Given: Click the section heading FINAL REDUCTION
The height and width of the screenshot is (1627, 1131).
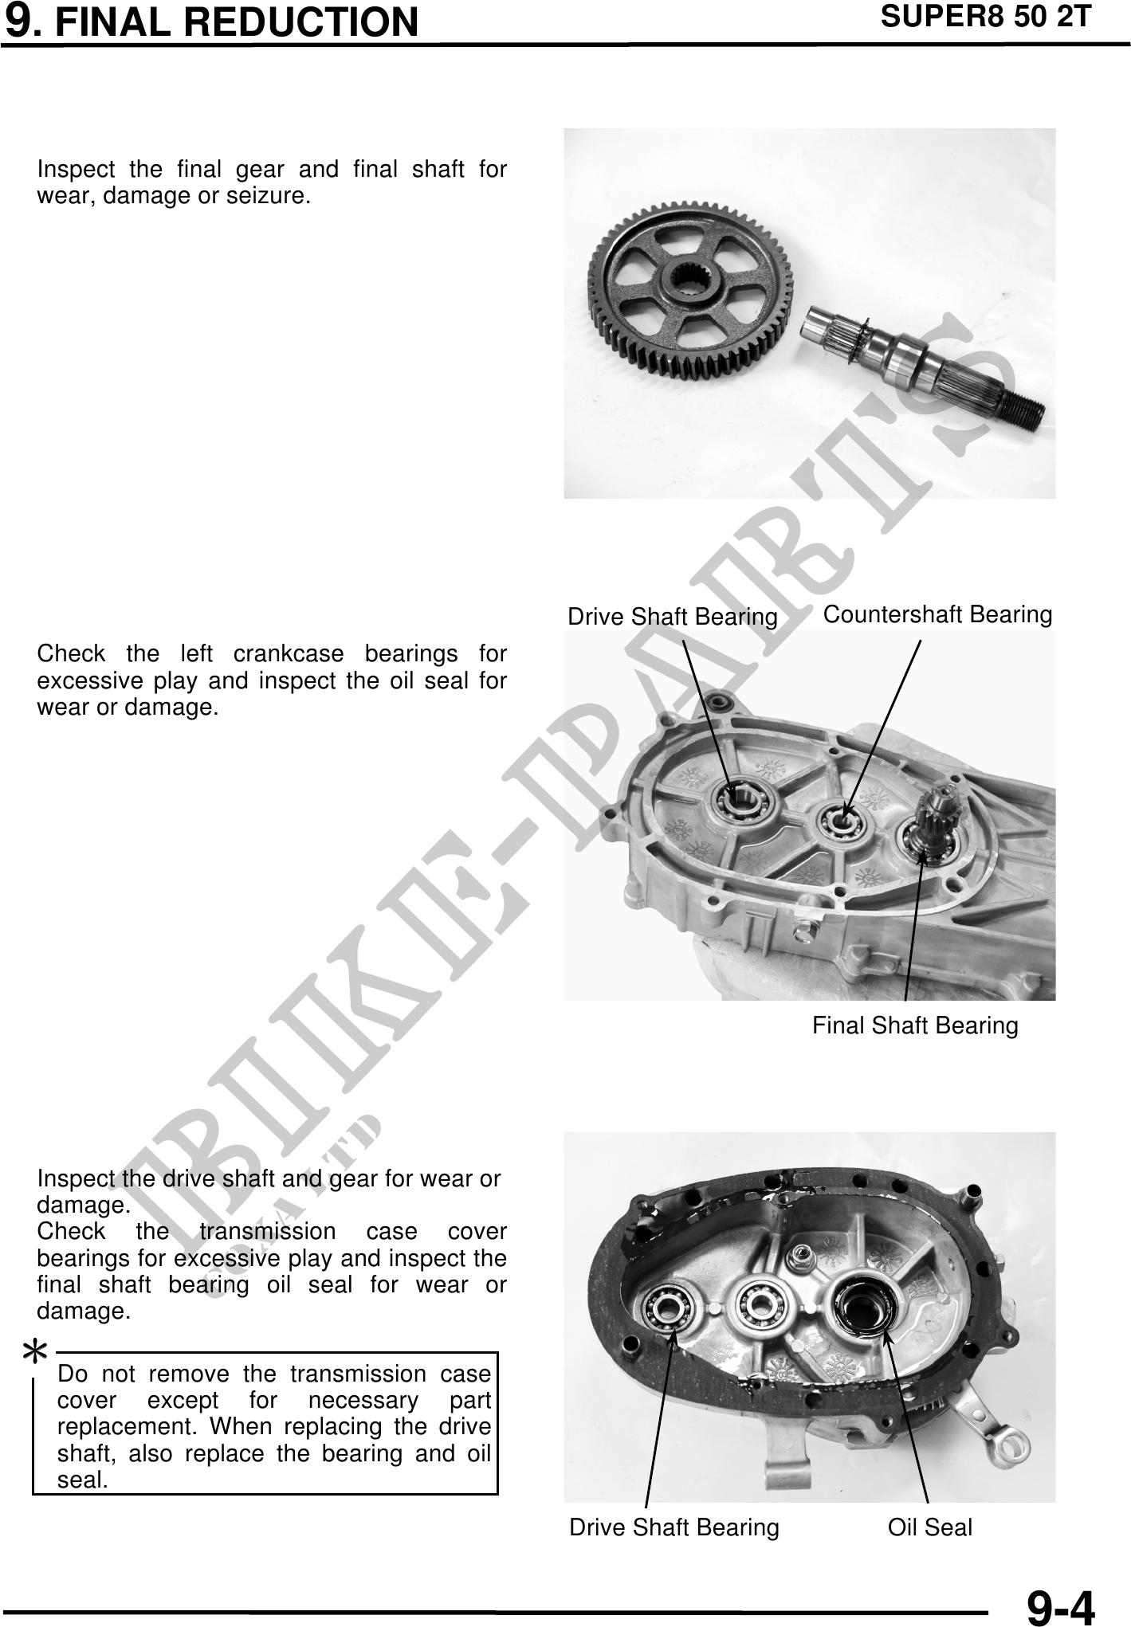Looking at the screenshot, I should tap(237, 22).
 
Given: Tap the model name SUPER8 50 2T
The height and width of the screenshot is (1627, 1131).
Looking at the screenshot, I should tap(984, 17).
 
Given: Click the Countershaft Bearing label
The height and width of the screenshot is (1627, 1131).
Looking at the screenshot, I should tap(937, 614).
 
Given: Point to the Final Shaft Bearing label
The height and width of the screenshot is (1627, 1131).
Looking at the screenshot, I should tap(915, 1025).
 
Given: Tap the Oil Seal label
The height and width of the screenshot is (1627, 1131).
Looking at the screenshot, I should tap(929, 1527).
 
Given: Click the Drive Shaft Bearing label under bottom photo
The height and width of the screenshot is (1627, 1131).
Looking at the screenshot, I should tap(673, 1527).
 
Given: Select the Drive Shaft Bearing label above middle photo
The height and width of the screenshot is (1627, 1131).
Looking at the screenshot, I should tap(672, 617).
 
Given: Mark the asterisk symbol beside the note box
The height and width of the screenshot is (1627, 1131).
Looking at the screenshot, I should tap(35, 1353).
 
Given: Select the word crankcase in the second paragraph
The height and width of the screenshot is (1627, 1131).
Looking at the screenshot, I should tap(289, 654).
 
